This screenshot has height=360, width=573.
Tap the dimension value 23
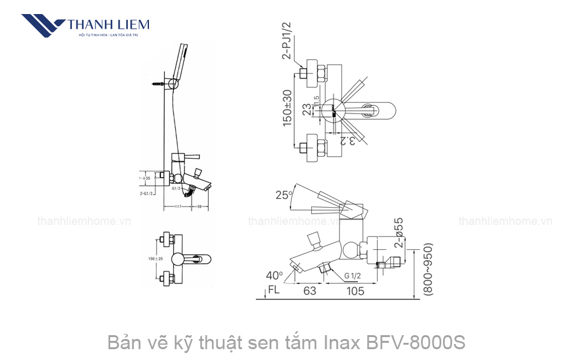[x=308, y=110]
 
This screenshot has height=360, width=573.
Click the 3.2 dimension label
[x=348, y=141]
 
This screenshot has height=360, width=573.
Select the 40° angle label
[x=274, y=275]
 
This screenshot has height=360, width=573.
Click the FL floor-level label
[x=274, y=291]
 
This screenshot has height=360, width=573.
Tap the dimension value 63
[x=309, y=291]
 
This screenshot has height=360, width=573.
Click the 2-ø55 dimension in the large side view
[x=399, y=233]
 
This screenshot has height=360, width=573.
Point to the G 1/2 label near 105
[x=354, y=276]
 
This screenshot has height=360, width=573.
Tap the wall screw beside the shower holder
[x=159, y=83]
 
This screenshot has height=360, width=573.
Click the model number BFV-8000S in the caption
[x=416, y=343]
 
